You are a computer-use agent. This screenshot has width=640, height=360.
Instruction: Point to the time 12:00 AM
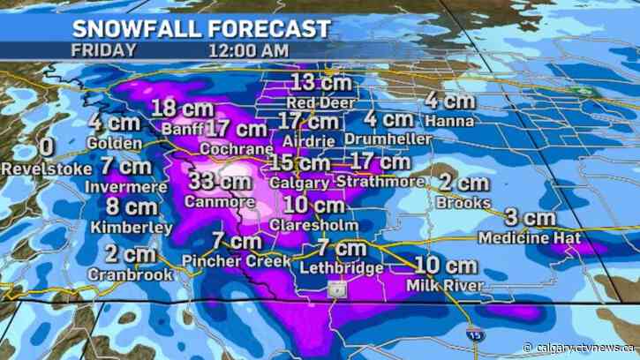[249, 49]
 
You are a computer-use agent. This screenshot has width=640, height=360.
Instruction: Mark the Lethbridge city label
[343, 267]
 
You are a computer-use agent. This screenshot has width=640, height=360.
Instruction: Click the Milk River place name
[446, 285]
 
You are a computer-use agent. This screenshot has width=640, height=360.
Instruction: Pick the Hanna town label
[449, 121]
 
